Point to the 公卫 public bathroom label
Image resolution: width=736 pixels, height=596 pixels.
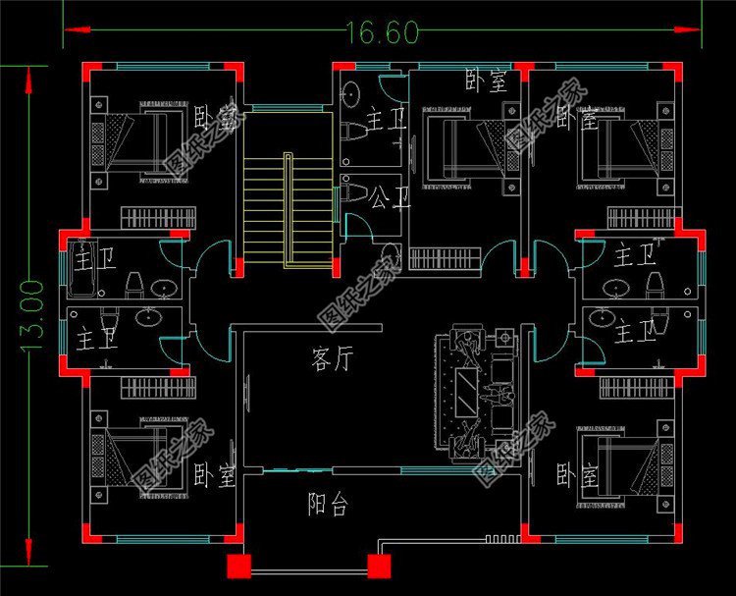tap(391, 198)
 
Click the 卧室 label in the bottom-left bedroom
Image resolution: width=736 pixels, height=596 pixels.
tap(215, 477)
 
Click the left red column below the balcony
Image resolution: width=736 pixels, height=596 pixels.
tap(238, 566)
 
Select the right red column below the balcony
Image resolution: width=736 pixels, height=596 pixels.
tap(378, 566)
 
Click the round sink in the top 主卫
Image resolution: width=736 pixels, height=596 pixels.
tap(351, 94)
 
